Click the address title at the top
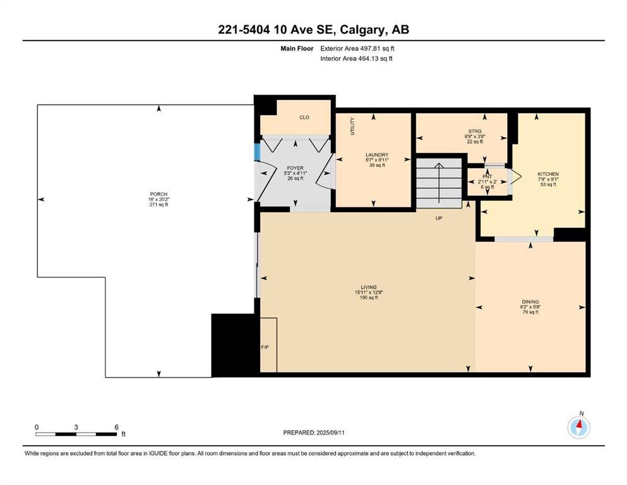313,30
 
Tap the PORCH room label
158,194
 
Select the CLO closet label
304,117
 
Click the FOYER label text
295,168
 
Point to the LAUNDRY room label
377,155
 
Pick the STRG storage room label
475,131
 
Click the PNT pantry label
487,176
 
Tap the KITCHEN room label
548,174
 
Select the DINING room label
530,302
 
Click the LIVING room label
369,287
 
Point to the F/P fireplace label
265,347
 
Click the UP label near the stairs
439,219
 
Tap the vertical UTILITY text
352,126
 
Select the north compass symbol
579,427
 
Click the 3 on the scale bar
76,427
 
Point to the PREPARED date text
313,433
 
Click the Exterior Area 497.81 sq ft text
357,49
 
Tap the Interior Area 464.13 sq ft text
356,58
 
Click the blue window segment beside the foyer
258,151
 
